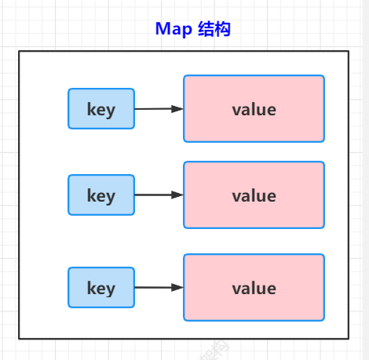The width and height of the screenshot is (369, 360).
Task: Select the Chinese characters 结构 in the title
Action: [x=213, y=29]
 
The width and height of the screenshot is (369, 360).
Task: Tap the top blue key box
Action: [x=100, y=109]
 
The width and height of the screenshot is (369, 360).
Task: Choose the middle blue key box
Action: [x=100, y=195]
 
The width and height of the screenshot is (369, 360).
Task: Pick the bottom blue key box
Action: [x=100, y=288]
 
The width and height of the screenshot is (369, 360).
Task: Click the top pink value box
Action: [x=254, y=109]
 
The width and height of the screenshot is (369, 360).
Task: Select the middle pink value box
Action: [x=254, y=195]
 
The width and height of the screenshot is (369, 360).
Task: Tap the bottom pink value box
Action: [x=254, y=288]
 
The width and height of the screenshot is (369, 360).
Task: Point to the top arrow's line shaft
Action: [x=153, y=109]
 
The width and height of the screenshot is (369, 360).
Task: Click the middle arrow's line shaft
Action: [x=153, y=195]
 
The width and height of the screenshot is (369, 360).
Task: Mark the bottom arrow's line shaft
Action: [x=153, y=288]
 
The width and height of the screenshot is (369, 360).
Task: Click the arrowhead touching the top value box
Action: [x=178, y=109]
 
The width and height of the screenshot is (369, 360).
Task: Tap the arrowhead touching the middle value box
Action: [x=178, y=195]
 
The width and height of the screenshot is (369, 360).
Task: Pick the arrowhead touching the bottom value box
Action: [x=178, y=288]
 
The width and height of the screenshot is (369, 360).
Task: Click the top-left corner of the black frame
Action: [x=20, y=52]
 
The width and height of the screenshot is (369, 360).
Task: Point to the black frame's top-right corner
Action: [x=348, y=52]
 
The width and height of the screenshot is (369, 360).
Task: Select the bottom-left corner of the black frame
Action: [x=20, y=338]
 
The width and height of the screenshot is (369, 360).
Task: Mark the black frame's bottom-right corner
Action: [x=348, y=338]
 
